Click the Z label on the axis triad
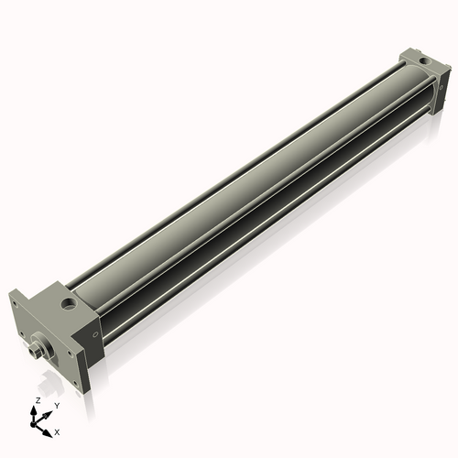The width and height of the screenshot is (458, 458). click(36, 400)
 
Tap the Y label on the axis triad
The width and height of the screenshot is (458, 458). click(57, 405)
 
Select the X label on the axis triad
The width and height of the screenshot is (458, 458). click(57, 431)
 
